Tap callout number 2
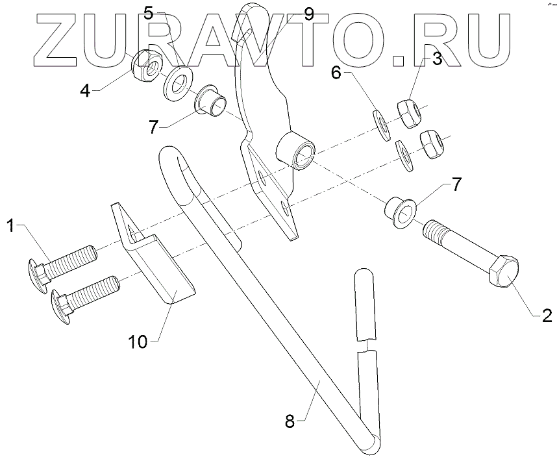tap(547, 316)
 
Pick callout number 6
tap(336, 72)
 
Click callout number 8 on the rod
tap(291, 421)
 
